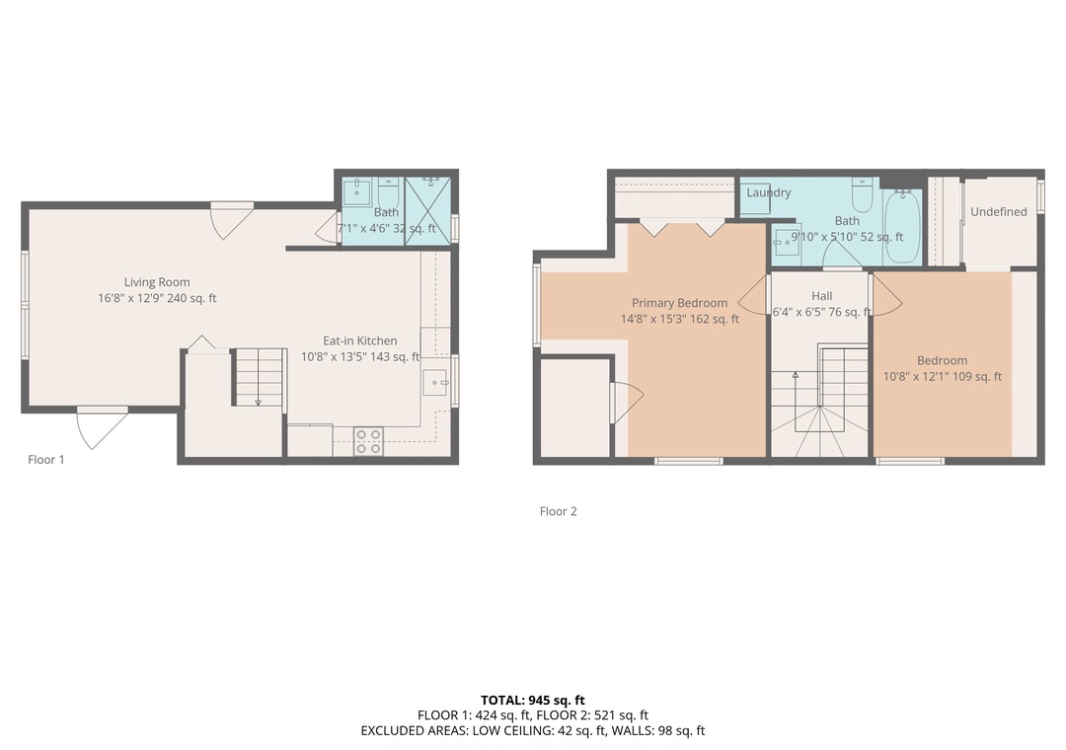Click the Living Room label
(157, 282)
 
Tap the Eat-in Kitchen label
(359, 340)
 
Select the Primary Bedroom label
(679, 303)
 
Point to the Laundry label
(769, 192)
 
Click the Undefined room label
(999, 211)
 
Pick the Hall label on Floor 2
(822, 296)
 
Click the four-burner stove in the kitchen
(368, 441)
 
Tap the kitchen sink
(435, 382)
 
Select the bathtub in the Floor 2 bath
(903, 226)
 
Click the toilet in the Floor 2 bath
(863, 194)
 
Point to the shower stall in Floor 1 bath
(428, 211)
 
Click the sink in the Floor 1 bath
(355, 191)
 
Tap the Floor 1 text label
(46, 460)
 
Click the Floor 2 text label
(558, 511)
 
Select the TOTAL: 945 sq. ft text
(533, 701)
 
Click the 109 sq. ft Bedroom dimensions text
(943, 376)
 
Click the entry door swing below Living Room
(102, 428)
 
